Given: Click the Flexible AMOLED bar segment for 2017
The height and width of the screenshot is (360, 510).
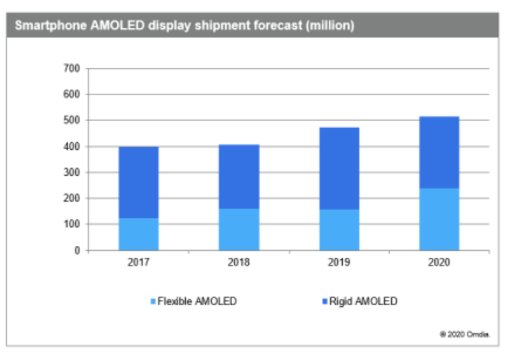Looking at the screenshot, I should click(x=139, y=234).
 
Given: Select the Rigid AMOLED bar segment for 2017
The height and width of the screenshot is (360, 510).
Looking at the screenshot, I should click(x=139, y=183).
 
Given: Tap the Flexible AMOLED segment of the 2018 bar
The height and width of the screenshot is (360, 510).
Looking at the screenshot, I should click(x=239, y=229).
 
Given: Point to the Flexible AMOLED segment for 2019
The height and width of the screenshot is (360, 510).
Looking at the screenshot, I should click(x=339, y=230).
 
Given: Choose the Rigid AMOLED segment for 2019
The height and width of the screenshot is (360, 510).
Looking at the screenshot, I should click(x=339, y=169).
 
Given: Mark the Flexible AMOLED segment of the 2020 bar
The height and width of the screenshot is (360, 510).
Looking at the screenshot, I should click(x=439, y=219).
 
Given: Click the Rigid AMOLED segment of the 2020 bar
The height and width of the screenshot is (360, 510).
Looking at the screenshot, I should click(x=439, y=153).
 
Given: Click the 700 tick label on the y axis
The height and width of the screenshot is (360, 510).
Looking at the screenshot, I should click(x=72, y=69).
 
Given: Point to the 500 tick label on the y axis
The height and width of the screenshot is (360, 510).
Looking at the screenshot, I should click(x=72, y=120).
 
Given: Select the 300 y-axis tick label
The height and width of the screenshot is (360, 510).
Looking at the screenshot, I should click(x=72, y=173).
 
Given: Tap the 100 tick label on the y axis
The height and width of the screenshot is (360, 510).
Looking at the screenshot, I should click(x=72, y=224).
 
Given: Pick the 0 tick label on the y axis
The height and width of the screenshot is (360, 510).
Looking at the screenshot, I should click(x=77, y=251).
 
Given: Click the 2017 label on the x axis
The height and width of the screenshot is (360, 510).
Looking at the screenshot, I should click(x=139, y=263).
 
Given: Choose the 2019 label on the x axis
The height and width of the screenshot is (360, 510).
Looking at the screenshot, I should click(x=339, y=263).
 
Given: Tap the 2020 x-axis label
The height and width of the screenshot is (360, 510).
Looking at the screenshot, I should click(x=439, y=263).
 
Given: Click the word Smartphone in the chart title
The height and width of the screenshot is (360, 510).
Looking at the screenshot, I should click(x=46, y=26).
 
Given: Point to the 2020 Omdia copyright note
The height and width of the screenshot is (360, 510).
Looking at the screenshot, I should click(x=465, y=334).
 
